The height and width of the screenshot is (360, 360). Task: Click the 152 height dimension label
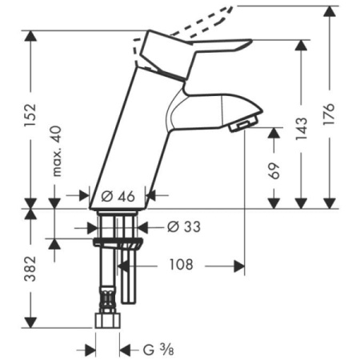(30, 115)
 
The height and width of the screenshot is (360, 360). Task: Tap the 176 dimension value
(330, 114)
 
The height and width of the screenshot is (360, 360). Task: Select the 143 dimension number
(302, 128)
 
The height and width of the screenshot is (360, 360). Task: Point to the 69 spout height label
(274, 170)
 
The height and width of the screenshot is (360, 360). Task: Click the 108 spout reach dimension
(181, 265)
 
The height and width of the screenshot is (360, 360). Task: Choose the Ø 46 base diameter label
(118, 197)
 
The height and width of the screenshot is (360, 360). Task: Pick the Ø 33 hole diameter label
(183, 226)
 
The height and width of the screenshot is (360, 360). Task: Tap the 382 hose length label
(30, 269)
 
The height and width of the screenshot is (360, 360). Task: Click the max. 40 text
(57, 151)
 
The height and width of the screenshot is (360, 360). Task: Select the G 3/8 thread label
(158, 350)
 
